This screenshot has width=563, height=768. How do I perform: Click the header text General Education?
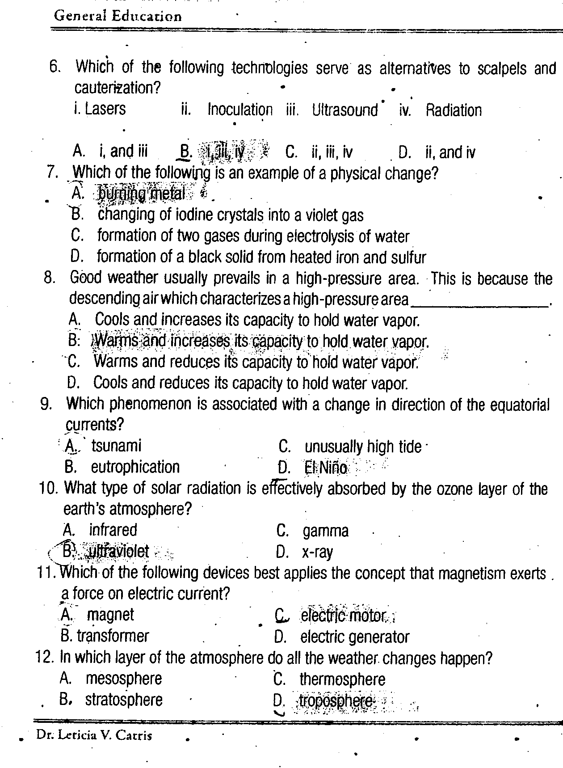(x=118, y=16)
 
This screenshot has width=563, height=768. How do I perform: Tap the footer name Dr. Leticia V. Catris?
(x=94, y=735)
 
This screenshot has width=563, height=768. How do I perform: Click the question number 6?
(x=55, y=68)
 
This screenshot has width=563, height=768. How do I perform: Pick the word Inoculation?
(x=240, y=110)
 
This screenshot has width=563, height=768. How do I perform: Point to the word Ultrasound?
(x=345, y=110)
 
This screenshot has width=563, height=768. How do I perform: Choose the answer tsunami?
(x=116, y=446)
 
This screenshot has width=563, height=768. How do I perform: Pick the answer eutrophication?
(x=135, y=467)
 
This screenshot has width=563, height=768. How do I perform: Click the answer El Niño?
(x=326, y=468)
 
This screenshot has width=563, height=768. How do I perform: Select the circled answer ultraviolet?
(x=118, y=552)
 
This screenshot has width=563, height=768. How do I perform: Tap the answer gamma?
(x=325, y=531)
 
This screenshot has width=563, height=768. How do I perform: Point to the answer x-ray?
(x=317, y=553)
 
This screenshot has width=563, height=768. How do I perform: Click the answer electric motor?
(x=343, y=616)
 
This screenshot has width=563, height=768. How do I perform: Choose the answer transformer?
(x=113, y=636)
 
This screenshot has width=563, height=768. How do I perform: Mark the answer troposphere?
(x=336, y=700)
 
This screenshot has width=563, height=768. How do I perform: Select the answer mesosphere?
(x=124, y=679)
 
